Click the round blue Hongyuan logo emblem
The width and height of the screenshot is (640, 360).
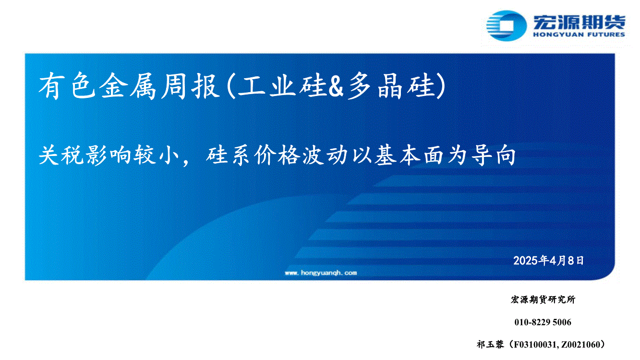pos(507,25)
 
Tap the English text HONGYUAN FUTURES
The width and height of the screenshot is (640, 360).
pos(579,35)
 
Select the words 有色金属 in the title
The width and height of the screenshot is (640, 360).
pos(97,86)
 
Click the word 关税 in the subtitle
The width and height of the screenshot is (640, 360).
pos(61,155)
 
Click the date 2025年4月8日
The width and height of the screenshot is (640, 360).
pos(548,261)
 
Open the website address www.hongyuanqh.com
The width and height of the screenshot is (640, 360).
pos(321,273)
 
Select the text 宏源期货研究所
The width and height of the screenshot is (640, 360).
pos(543,300)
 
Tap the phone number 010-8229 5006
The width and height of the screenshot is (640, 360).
pos(543,322)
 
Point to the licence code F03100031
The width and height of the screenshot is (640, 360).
pos(535,345)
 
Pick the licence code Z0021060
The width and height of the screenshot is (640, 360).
pos(580,345)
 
